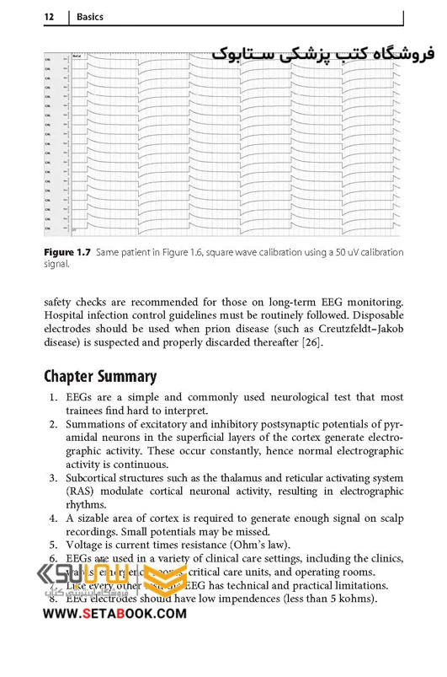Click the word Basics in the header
click(90, 17)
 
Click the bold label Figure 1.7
click(68, 252)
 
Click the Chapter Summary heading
click(100, 376)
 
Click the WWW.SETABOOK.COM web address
click(109, 614)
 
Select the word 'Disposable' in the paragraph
click(372, 316)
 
